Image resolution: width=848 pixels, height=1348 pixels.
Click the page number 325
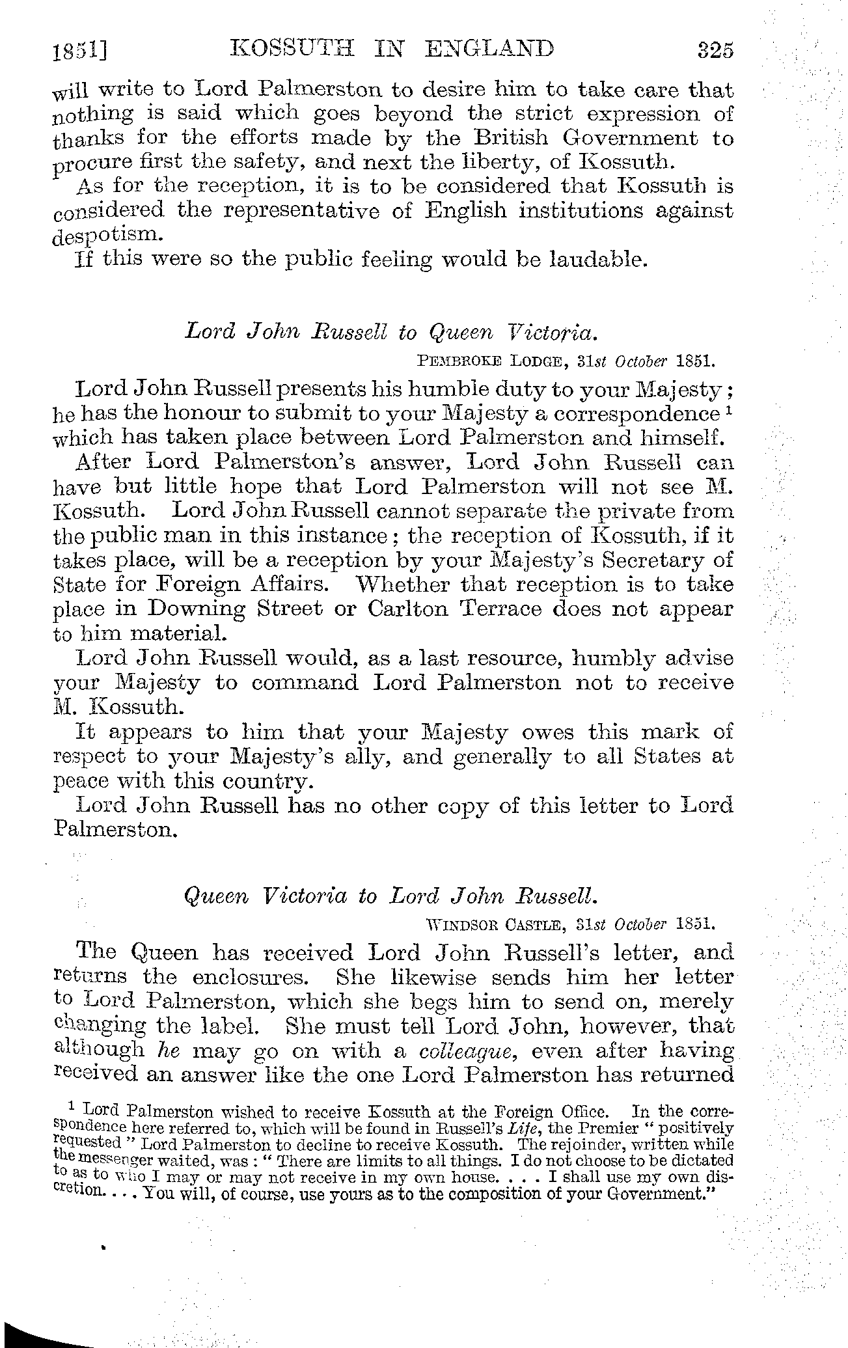click(x=714, y=50)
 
